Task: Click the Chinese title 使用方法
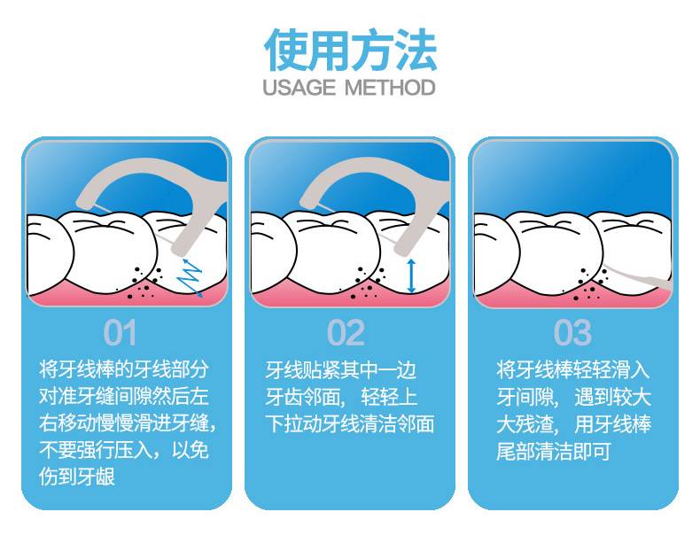tap(350, 50)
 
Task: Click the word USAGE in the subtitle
tap(299, 88)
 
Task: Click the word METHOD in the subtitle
tap(390, 88)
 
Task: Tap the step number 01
tap(120, 332)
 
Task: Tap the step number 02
tap(346, 332)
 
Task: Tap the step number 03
tap(572, 332)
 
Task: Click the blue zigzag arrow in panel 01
tap(191, 277)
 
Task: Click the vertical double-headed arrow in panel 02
tap(411, 275)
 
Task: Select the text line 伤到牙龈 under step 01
tap(77, 477)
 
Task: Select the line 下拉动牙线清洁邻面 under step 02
tap(349, 423)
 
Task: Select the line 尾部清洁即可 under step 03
tap(554, 451)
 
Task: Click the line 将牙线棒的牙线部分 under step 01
tap(124, 369)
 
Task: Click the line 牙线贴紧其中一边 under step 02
tap(340, 369)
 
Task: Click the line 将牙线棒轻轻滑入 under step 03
tap(572, 369)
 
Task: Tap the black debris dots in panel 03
tap(590, 283)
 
